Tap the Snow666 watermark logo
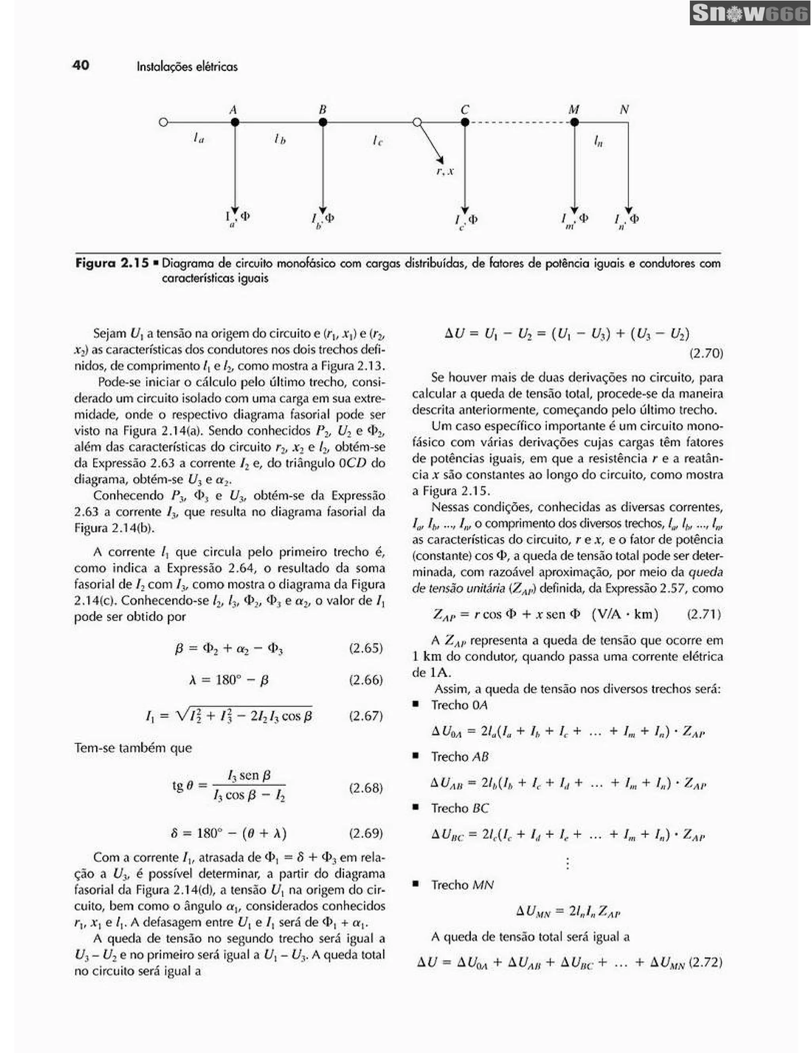(749, 13)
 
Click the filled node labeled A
(235, 122)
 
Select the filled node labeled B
(323, 122)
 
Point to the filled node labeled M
(574, 122)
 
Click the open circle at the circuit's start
(164, 122)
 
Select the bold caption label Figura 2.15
(111, 263)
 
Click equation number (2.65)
(366, 648)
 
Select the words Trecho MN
(462, 885)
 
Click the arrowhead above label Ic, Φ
(465, 210)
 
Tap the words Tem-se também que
(133, 748)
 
